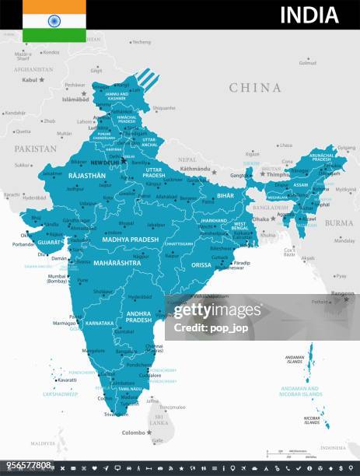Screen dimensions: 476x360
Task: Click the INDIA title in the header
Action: pyautogui.click(x=309, y=15)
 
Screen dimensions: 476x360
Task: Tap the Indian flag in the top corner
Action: pyautogui.click(x=54, y=20)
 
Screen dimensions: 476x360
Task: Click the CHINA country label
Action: pyautogui.click(x=254, y=88)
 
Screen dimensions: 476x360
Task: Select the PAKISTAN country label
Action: pyautogui.click(x=35, y=149)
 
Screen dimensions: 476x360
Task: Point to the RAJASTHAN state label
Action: pyautogui.click(x=86, y=177)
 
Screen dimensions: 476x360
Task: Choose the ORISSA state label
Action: pyautogui.click(x=201, y=264)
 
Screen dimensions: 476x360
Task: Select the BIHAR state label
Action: pyautogui.click(x=225, y=196)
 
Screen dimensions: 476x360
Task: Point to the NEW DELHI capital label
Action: pyautogui.click(x=105, y=163)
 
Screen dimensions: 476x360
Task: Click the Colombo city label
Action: pyautogui.click(x=134, y=432)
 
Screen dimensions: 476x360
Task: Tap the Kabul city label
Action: pyautogui.click(x=30, y=79)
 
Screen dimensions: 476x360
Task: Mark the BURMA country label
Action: pyautogui.click(x=338, y=222)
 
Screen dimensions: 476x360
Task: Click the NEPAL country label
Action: pyautogui.click(x=187, y=159)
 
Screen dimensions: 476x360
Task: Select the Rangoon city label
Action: pyautogui.click(x=343, y=293)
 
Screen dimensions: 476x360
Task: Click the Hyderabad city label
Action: pyautogui.click(x=140, y=296)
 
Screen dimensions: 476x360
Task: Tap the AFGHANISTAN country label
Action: pyautogui.click(x=33, y=69)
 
